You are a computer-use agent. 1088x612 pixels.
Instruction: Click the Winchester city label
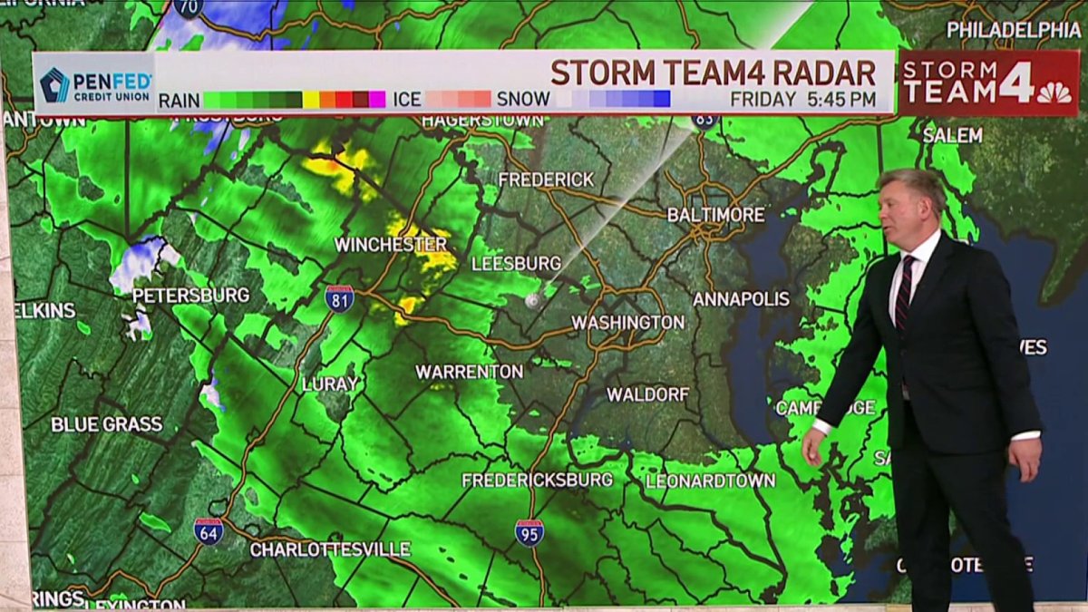click(391, 245)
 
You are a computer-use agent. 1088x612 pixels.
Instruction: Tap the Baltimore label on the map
click(716, 215)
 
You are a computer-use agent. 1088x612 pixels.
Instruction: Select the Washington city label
click(627, 323)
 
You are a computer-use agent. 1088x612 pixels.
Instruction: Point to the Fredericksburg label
click(538, 480)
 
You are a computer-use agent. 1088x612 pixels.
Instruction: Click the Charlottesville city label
click(330, 549)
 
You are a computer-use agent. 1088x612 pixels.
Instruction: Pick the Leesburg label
click(516, 264)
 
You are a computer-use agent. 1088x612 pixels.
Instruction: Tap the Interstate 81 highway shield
click(339, 298)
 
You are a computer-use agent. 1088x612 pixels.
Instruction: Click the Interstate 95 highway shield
click(529, 532)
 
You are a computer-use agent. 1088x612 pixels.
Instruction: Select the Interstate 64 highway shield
click(209, 530)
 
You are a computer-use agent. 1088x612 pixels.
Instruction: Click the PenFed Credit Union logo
click(94, 84)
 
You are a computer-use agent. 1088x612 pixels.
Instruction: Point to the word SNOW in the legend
click(523, 99)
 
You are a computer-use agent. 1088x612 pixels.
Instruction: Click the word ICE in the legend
click(407, 99)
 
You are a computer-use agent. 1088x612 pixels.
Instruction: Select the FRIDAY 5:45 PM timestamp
click(803, 99)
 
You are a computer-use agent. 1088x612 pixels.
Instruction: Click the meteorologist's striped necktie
click(904, 292)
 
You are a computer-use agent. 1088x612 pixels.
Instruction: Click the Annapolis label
click(741, 298)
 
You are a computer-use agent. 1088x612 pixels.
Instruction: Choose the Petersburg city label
click(190, 296)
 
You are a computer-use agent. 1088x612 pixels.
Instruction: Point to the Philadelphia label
click(1014, 30)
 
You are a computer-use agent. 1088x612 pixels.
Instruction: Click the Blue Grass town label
click(107, 424)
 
